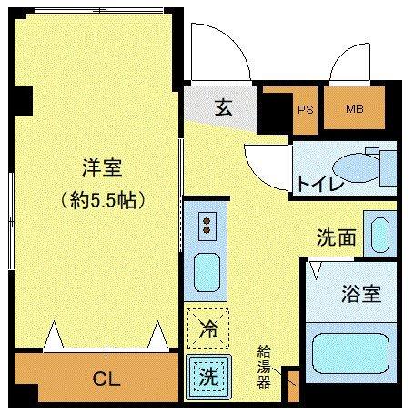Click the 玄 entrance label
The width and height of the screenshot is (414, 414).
(x=224, y=108)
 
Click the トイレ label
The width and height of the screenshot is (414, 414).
(x=318, y=185)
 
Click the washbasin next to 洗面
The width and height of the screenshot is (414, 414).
(x=378, y=234)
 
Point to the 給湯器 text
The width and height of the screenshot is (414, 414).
(x=264, y=365)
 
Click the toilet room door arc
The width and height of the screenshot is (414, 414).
(x=267, y=161)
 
